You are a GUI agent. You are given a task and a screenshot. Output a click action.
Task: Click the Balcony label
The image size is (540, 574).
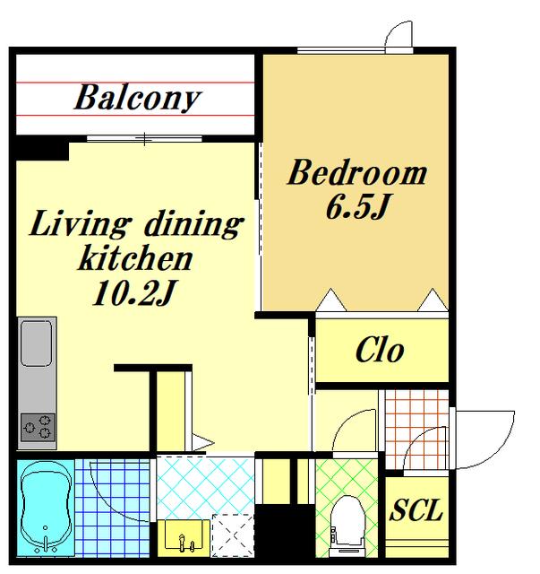138,98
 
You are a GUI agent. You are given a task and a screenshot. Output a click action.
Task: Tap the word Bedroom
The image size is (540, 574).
356,172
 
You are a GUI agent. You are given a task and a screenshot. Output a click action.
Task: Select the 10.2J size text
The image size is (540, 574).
135,293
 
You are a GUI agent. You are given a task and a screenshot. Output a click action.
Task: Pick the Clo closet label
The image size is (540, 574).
380,351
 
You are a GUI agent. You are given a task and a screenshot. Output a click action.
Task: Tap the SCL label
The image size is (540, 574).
416,509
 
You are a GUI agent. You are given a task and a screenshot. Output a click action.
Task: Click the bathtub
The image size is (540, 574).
46,508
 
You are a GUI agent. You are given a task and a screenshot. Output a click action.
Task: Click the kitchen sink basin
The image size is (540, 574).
37,344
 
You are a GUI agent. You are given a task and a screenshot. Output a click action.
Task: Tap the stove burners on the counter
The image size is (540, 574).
38,427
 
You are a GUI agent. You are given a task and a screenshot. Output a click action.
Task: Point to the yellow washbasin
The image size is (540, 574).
184,536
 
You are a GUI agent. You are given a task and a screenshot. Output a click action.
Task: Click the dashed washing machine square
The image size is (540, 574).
233,535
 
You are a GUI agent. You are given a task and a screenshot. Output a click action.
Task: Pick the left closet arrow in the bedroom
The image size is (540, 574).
330,300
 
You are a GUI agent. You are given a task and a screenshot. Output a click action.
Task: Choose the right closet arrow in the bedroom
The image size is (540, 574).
433,300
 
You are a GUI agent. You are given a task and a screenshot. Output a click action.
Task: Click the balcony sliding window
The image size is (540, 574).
145,139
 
